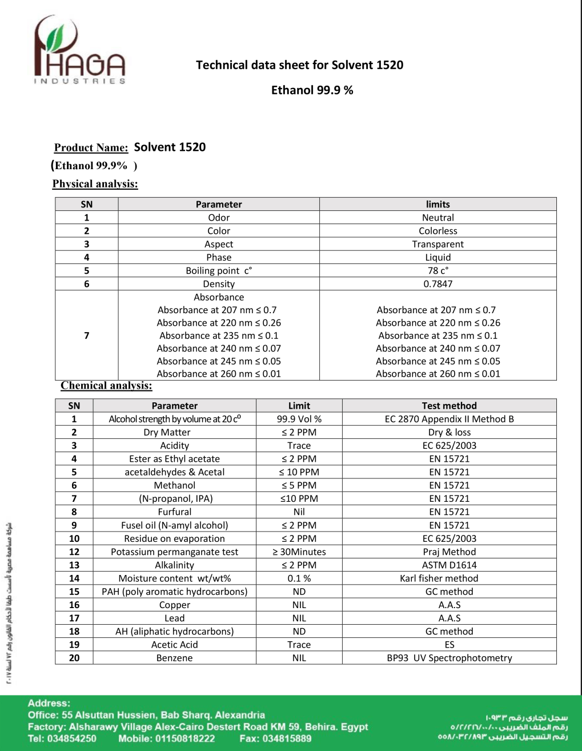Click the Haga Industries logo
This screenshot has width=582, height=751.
point(79,51)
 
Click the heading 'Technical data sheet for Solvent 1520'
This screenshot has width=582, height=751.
point(299,65)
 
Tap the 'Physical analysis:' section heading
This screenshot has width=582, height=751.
point(95,184)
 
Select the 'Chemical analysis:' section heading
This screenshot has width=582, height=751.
point(106,386)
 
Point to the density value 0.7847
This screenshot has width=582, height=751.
point(437,284)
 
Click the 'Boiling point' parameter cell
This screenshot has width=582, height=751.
point(219,271)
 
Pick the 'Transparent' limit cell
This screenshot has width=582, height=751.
point(437,244)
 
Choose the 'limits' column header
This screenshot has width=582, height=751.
point(437,205)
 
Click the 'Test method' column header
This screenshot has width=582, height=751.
point(449,406)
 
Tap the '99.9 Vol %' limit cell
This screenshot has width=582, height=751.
point(299,419)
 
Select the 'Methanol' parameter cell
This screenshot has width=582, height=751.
point(174,485)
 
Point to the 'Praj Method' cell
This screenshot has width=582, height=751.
point(449,552)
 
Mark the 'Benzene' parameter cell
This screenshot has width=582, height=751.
point(174,658)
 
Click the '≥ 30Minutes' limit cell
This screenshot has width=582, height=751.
point(299,552)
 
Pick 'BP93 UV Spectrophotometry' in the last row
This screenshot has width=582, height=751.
point(449,658)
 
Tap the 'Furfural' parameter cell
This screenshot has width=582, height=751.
point(174,512)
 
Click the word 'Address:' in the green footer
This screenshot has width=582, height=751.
point(49,704)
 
